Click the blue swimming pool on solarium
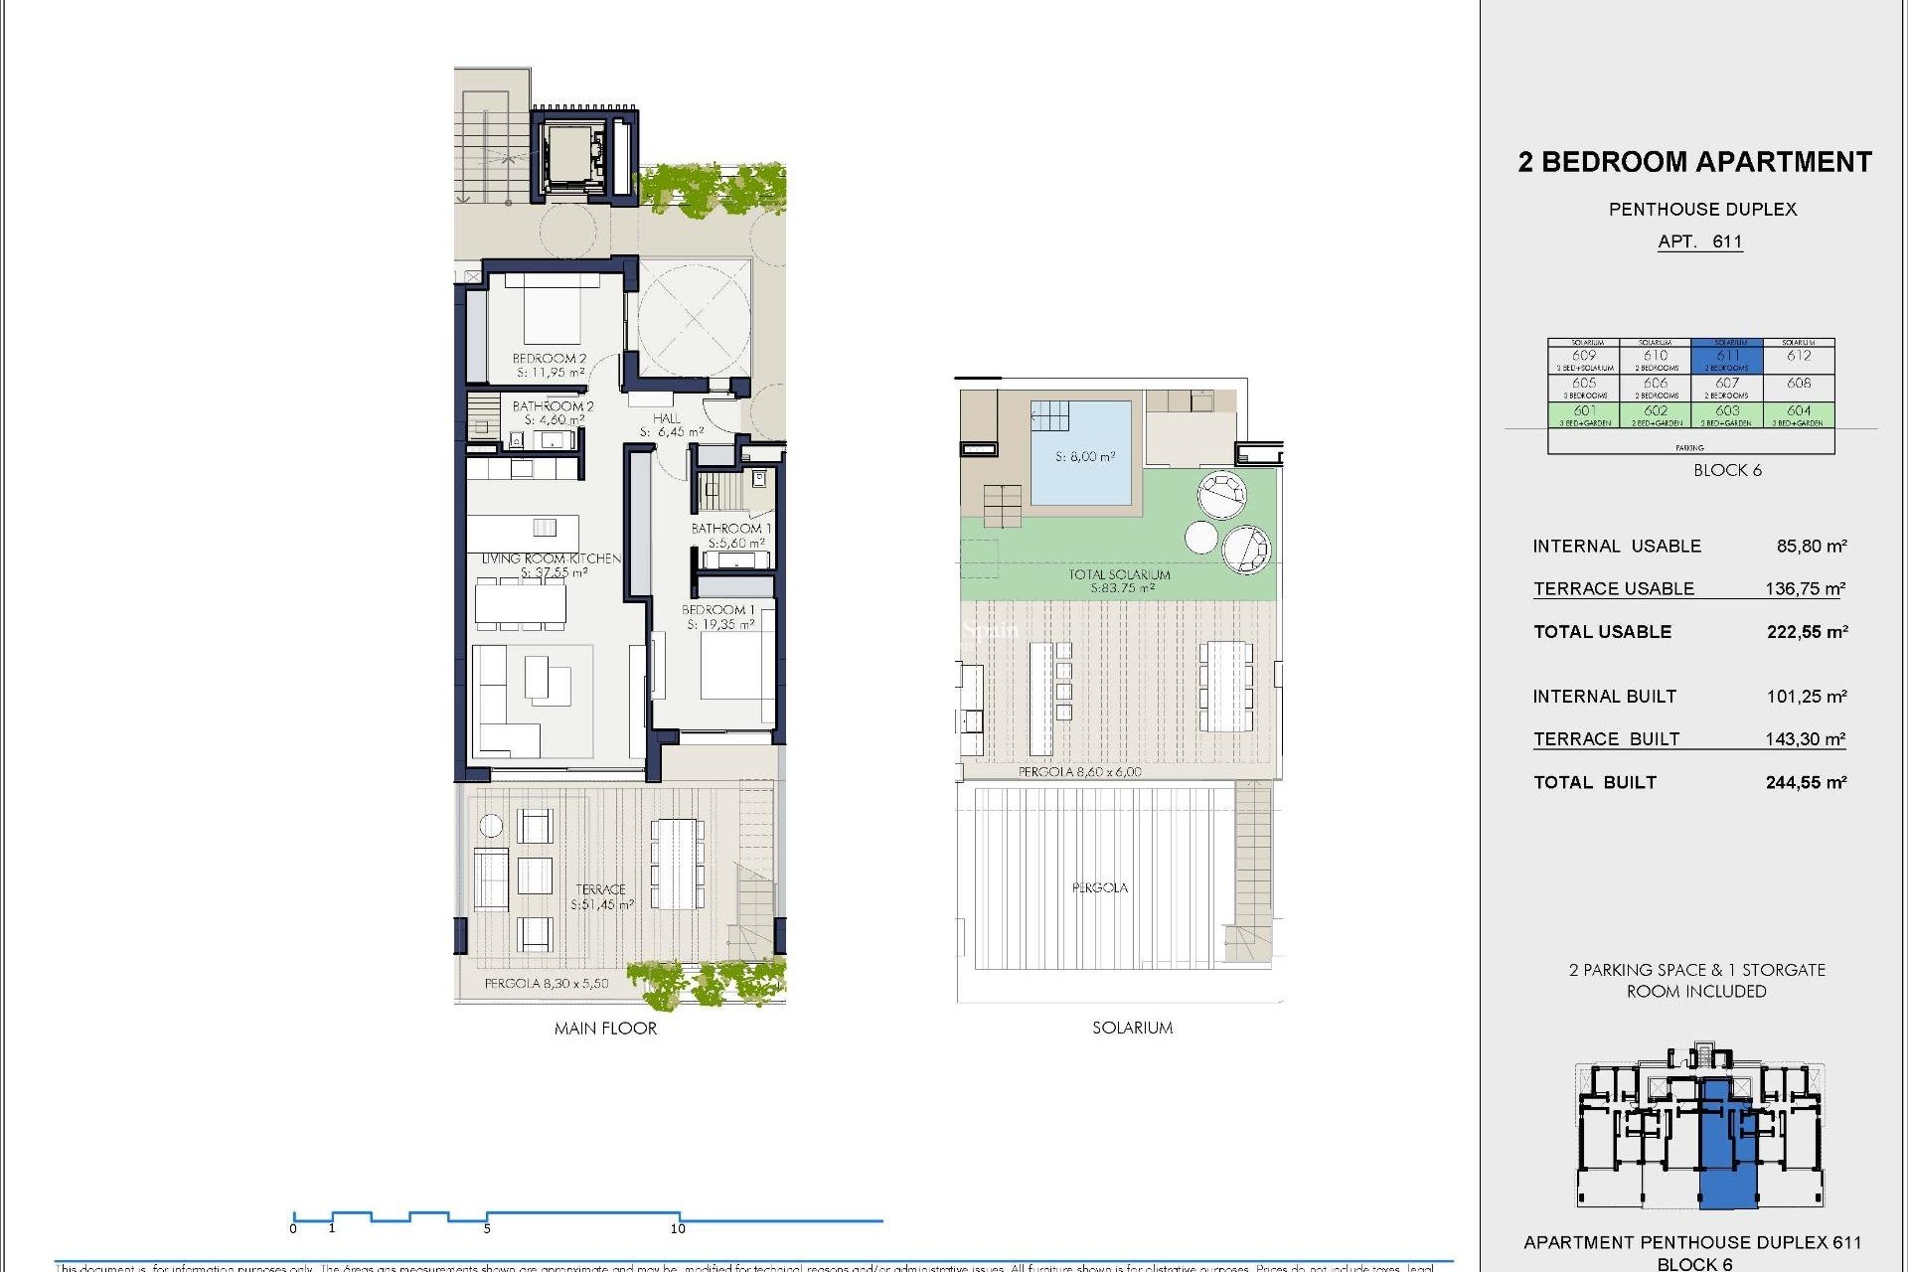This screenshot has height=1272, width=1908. [1082, 452]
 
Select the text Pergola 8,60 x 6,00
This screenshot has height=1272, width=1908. [1079, 772]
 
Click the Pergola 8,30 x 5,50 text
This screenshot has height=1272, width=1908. [547, 984]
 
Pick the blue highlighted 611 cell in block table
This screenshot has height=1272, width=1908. [1727, 357]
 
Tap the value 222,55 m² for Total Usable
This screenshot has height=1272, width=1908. [1807, 632]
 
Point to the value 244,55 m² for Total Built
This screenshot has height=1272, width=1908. [1806, 783]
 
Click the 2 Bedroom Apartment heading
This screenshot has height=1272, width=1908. [1694, 162]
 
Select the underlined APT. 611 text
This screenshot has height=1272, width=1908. [1699, 241]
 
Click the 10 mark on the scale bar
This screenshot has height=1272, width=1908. [678, 1229]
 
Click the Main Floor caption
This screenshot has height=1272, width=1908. [605, 1029]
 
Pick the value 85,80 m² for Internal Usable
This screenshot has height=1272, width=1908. [1811, 547]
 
